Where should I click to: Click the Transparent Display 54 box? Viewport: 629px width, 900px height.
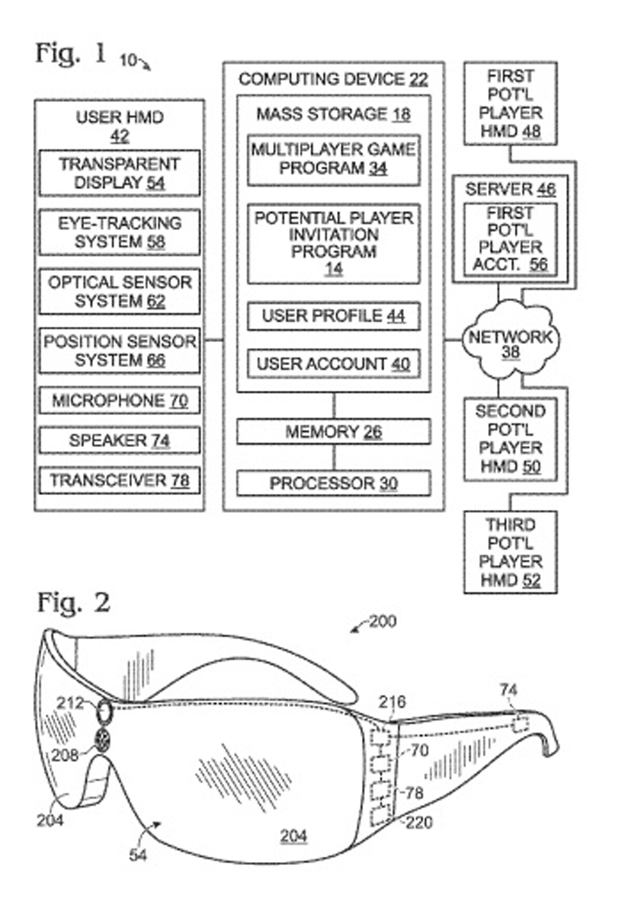coord(120,173)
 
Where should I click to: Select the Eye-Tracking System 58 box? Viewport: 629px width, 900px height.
coord(120,232)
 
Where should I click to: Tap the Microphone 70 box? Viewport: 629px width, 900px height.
coord(120,401)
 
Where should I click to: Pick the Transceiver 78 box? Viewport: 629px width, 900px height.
coord(120,480)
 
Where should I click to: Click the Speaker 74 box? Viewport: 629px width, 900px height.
coord(120,440)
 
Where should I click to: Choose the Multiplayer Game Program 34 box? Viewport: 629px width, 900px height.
coord(333,159)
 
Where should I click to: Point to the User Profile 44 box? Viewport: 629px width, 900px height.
coord(333,316)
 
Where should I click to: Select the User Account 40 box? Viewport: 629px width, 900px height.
coord(333,364)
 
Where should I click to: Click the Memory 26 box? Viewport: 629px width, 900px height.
coord(333,431)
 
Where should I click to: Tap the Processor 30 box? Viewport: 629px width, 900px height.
coord(333,483)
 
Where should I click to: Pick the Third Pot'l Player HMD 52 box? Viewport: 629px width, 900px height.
coord(510,552)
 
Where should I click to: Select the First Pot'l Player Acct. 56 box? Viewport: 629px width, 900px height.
coord(510,239)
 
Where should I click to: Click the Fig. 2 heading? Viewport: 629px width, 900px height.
coord(73,603)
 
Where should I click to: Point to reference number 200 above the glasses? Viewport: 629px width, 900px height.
coord(383,621)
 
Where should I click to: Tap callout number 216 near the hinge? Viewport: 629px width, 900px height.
coord(392,702)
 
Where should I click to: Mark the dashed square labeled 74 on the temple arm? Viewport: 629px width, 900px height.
coord(520,724)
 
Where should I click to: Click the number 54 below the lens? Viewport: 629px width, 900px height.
coord(138,855)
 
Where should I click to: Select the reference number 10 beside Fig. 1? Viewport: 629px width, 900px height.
coord(128,60)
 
